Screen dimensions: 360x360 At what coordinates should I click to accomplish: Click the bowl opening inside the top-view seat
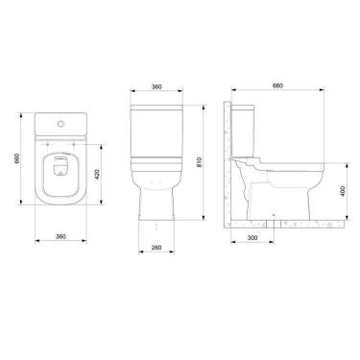coord(59,170)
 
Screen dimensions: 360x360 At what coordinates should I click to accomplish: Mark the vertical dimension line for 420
coord(90,173)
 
